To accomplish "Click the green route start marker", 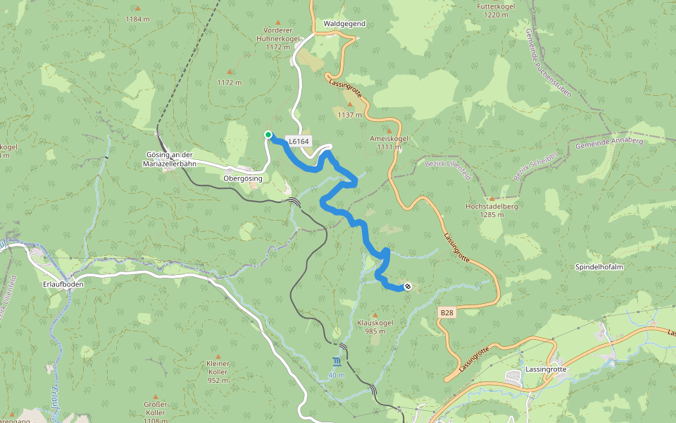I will [x=268, y=135].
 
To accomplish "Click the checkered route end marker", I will [x=408, y=286].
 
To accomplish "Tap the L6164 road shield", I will [x=299, y=142].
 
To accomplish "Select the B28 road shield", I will [x=446, y=312].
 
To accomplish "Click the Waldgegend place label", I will [x=344, y=23].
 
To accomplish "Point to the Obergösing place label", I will [x=243, y=178].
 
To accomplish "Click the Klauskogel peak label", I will [x=375, y=326].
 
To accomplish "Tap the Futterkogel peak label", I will [x=496, y=11].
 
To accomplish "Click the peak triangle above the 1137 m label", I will [x=350, y=104].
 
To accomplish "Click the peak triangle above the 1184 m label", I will [x=137, y=8].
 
